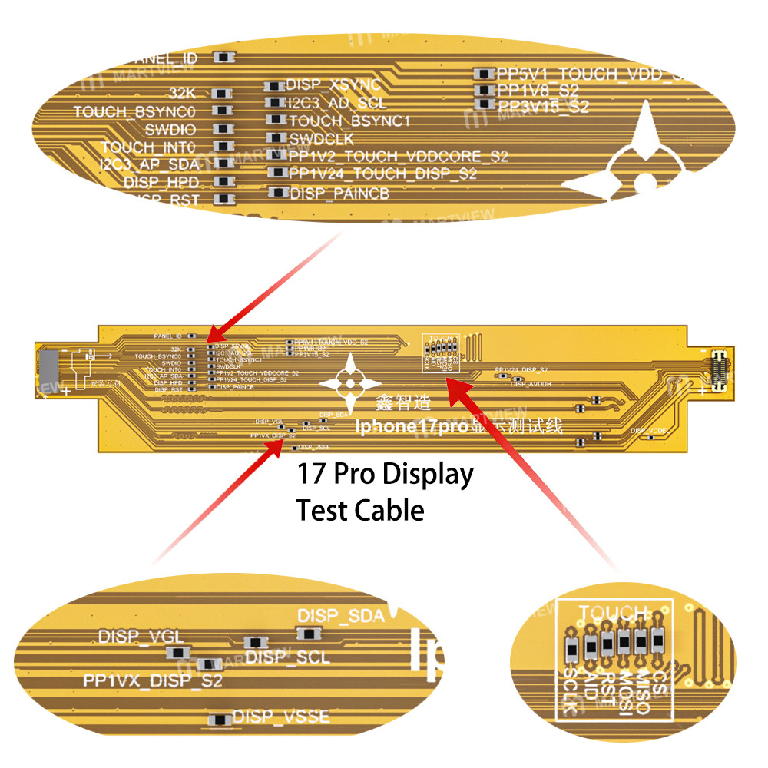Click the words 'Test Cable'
click(360, 509)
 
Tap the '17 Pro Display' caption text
click(385, 475)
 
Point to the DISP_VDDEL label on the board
click(650, 431)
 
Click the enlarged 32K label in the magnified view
click(184, 93)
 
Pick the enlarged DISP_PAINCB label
click(339, 194)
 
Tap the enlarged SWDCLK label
click(322, 138)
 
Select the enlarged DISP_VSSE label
click(281, 717)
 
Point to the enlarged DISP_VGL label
click(131, 637)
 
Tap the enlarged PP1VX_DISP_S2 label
click(153, 681)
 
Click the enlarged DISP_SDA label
click(340, 616)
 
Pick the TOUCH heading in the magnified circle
click(612, 613)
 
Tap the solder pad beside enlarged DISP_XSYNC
click(275, 86)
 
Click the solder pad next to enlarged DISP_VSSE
click(220, 720)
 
